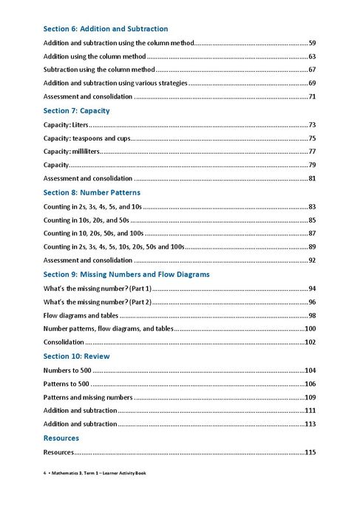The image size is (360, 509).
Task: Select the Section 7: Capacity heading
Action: pos(76,110)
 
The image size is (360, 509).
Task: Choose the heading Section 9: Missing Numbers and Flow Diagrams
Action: pos(126,274)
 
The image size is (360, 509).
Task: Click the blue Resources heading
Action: pos(61,438)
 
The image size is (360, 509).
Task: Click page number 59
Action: pos(312,43)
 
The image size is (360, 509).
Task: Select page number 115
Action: pos(310,452)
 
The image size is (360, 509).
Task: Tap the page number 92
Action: pos(312,260)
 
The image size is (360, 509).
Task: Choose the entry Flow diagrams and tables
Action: pos(81,315)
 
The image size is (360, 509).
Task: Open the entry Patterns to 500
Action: pos(67,383)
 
